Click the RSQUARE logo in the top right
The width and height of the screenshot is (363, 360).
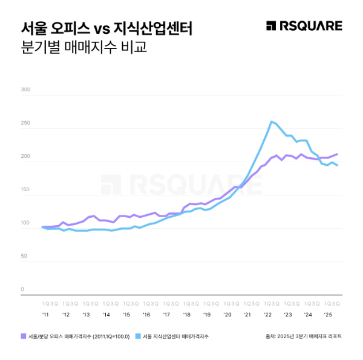click(304, 25)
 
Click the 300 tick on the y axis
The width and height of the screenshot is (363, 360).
click(25, 90)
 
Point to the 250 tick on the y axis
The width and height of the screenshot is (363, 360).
click(25, 123)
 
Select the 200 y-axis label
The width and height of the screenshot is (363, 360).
click(25, 157)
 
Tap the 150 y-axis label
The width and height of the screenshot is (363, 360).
click(25, 190)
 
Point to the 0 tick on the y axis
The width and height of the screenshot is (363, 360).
click(22, 289)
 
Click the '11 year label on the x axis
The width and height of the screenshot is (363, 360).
click(45, 315)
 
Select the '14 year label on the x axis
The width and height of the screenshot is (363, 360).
click(106, 315)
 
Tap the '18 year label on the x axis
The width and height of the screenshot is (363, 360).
click(186, 315)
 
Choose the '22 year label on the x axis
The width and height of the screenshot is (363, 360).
click(267, 315)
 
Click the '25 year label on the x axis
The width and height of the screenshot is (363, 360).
click(327, 315)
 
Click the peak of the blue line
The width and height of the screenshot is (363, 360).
click(272, 122)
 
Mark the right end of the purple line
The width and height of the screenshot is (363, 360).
click(337, 154)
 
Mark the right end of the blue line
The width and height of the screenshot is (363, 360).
click(337, 165)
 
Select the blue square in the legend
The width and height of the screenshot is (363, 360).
click(138, 336)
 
